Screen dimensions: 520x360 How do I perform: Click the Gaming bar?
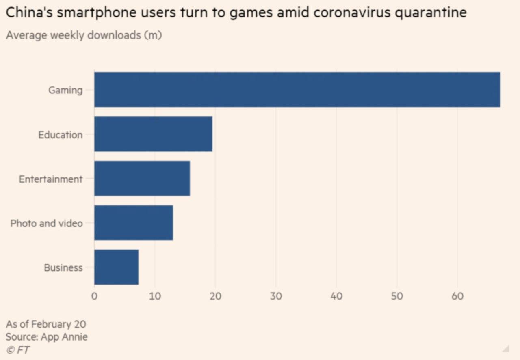pos(297,90)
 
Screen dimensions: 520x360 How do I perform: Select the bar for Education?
pos(153,134)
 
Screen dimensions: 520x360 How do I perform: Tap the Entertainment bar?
pos(142,178)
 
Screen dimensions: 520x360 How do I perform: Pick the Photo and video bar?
pos(134,223)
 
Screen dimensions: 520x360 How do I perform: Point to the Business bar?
pos(116,267)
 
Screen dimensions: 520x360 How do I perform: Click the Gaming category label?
pos(65,90)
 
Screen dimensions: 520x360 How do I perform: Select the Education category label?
pos(61,134)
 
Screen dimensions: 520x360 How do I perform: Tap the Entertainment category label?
pos(51,179)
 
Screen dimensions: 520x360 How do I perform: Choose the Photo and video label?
pos(46,223)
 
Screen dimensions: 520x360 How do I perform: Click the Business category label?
pos(63,268)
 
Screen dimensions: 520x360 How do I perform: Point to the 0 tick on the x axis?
pos(94,296)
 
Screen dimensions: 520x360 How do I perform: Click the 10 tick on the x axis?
pos(155,296)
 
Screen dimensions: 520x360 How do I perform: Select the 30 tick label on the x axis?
pos(276,296)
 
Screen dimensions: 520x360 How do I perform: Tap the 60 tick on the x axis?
pos(457,296)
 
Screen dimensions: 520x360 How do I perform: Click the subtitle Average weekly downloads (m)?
pos(84,35)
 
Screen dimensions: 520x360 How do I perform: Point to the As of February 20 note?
pos(46,324)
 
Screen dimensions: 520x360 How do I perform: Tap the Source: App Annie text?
pos(47,337)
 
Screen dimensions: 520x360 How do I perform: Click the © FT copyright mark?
pos(18,350)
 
